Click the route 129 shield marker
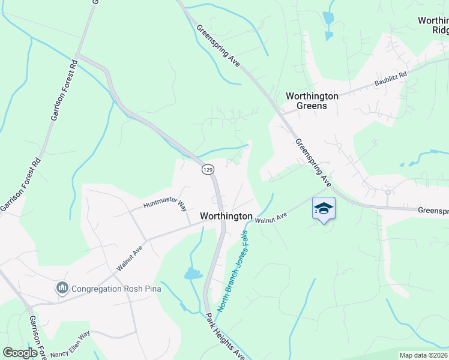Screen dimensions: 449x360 [x=208, y=170]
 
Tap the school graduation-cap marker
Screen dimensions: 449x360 [x=324, y=209]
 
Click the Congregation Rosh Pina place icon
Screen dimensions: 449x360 [x=62, y=289]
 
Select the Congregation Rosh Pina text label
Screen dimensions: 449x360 [x=116, y=289]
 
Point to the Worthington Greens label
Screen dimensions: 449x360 [x=312, y=101]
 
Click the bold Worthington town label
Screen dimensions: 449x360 [x=226, y=216]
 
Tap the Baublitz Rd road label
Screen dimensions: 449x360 [x=390, y=79]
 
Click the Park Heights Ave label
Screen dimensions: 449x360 [x=225, y=335]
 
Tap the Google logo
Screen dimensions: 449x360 [x=20, y=353]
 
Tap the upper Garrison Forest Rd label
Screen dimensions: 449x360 [x=61, y=90]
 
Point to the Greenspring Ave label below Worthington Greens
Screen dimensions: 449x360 [x=313, y=162]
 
